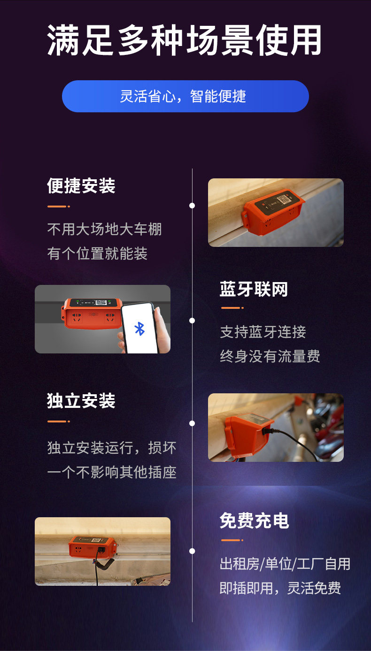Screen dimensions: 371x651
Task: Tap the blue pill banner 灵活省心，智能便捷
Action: tap(185, 96)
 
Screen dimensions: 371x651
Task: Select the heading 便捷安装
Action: tap(81, 186)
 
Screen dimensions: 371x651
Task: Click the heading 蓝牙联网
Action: tap(254, 289)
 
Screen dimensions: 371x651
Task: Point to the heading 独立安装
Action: tap(81, 401)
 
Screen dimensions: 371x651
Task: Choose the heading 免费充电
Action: tap(254, 521)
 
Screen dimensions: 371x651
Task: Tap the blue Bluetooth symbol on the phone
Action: tap(139, 329)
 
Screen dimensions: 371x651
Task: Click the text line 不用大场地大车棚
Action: tap(104, 229)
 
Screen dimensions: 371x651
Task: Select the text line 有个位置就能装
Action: tap(97, 253)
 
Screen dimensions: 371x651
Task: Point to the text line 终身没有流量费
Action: tap(270, 356)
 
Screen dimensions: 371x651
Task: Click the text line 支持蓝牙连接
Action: tap(263, 332)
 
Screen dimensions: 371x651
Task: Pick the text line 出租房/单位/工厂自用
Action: tap(285, 564)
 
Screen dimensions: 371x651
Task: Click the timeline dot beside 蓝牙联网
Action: tap(192, 321)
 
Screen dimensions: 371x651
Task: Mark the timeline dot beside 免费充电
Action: tap(192, 551)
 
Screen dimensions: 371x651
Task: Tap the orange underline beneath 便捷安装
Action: tap(58, 207)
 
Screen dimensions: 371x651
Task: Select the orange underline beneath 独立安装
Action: tap(58, 421)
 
